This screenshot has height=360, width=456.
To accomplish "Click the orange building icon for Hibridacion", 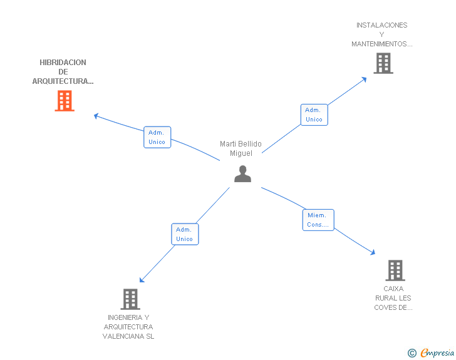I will point(65,101).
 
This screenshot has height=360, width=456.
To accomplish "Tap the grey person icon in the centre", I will point(242,174).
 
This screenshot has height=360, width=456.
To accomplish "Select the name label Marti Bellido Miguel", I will point(241,148).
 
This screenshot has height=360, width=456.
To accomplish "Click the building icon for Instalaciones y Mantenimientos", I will point(383,63).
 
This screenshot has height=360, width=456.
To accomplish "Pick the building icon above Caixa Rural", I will point(395,270).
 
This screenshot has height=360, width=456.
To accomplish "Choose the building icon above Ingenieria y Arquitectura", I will point(130,299).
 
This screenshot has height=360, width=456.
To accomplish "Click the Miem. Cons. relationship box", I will point(318,220).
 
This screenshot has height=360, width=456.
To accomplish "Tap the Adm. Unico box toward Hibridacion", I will point(157,137).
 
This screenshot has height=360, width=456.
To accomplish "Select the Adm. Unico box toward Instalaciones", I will point(314,115).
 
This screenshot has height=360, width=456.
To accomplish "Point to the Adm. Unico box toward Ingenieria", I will point(185,234).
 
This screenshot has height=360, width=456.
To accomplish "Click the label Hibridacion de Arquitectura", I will point(63,72).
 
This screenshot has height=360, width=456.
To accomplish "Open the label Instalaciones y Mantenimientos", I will point(382,34).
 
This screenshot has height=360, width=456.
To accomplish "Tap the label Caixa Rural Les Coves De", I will point(393,298).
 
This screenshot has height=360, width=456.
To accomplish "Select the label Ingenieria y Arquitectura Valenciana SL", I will point(128,327).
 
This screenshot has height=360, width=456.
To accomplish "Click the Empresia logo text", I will point(437,352).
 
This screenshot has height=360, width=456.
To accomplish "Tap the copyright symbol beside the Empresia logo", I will point(412,353).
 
